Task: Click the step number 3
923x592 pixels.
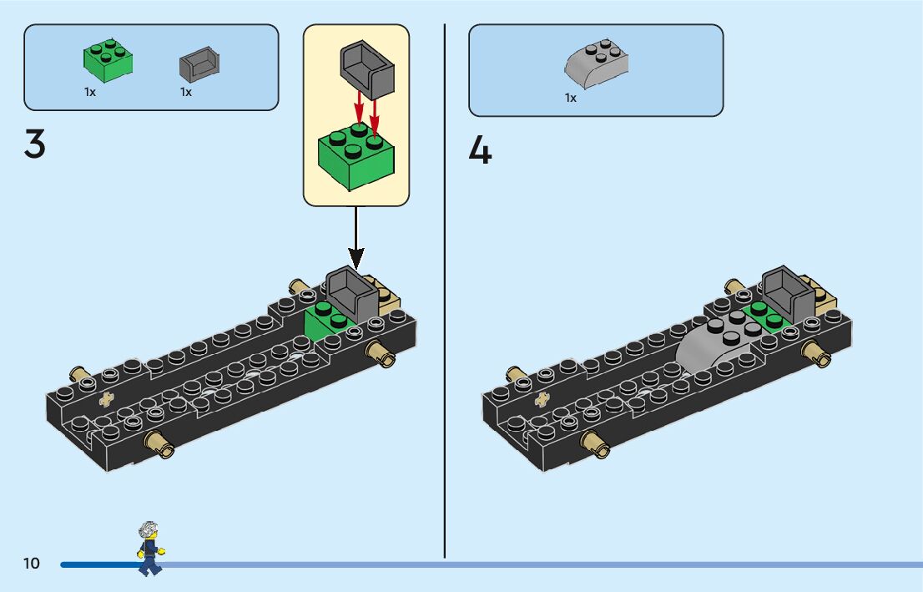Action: (x=35, y=146)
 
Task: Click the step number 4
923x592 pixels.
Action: (x=480, y=150)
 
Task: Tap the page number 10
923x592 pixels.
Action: (x=32, y=564)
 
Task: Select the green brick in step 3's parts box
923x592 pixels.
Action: (x=108, y=60)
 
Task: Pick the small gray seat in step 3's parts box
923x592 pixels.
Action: (x=199, y=63)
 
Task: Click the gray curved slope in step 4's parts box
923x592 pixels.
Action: (x=597, y=66)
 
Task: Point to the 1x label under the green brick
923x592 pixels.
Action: (x=90, y=93)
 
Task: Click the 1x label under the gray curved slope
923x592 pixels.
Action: (x=571, y=99)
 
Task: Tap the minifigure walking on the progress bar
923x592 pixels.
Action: (x=149, y=548)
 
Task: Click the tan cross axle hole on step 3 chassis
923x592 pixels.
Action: (x=107, y=399)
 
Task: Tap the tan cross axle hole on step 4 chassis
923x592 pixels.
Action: (x=544, y=398)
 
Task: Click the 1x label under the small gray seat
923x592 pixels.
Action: (x=186, y=93)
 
